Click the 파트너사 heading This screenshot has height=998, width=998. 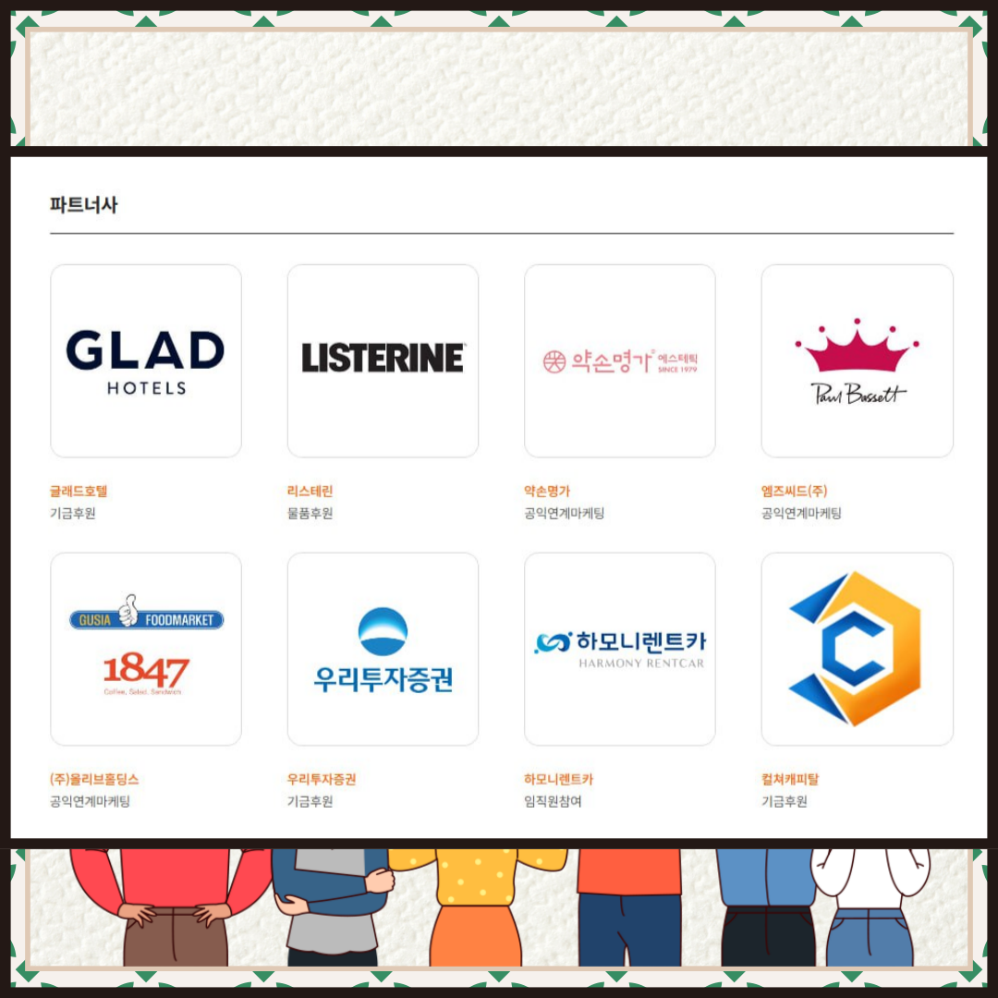click(x=84, y=205)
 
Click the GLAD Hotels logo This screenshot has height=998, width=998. click(x=146, y=360)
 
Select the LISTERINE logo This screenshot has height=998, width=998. click(x=383, y=358)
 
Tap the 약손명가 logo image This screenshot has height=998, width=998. click(x=620, y=361)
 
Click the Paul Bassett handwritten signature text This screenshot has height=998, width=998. click(x=858, y=393)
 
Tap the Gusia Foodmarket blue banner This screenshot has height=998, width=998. click(x=146, y=619)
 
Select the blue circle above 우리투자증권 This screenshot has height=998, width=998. click(x=383, y=631)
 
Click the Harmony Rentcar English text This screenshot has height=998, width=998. click(x=641, y=663)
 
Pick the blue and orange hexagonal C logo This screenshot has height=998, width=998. click(x=856, y=649)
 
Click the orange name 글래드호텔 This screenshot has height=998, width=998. click(x=79, y=492)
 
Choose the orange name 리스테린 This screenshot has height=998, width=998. click(x=310, y=492)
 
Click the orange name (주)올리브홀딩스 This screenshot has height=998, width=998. click(x=94, y=780)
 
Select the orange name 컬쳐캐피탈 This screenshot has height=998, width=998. click(x=789, y=780)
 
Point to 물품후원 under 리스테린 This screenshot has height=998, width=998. click(x=310, y=514)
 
